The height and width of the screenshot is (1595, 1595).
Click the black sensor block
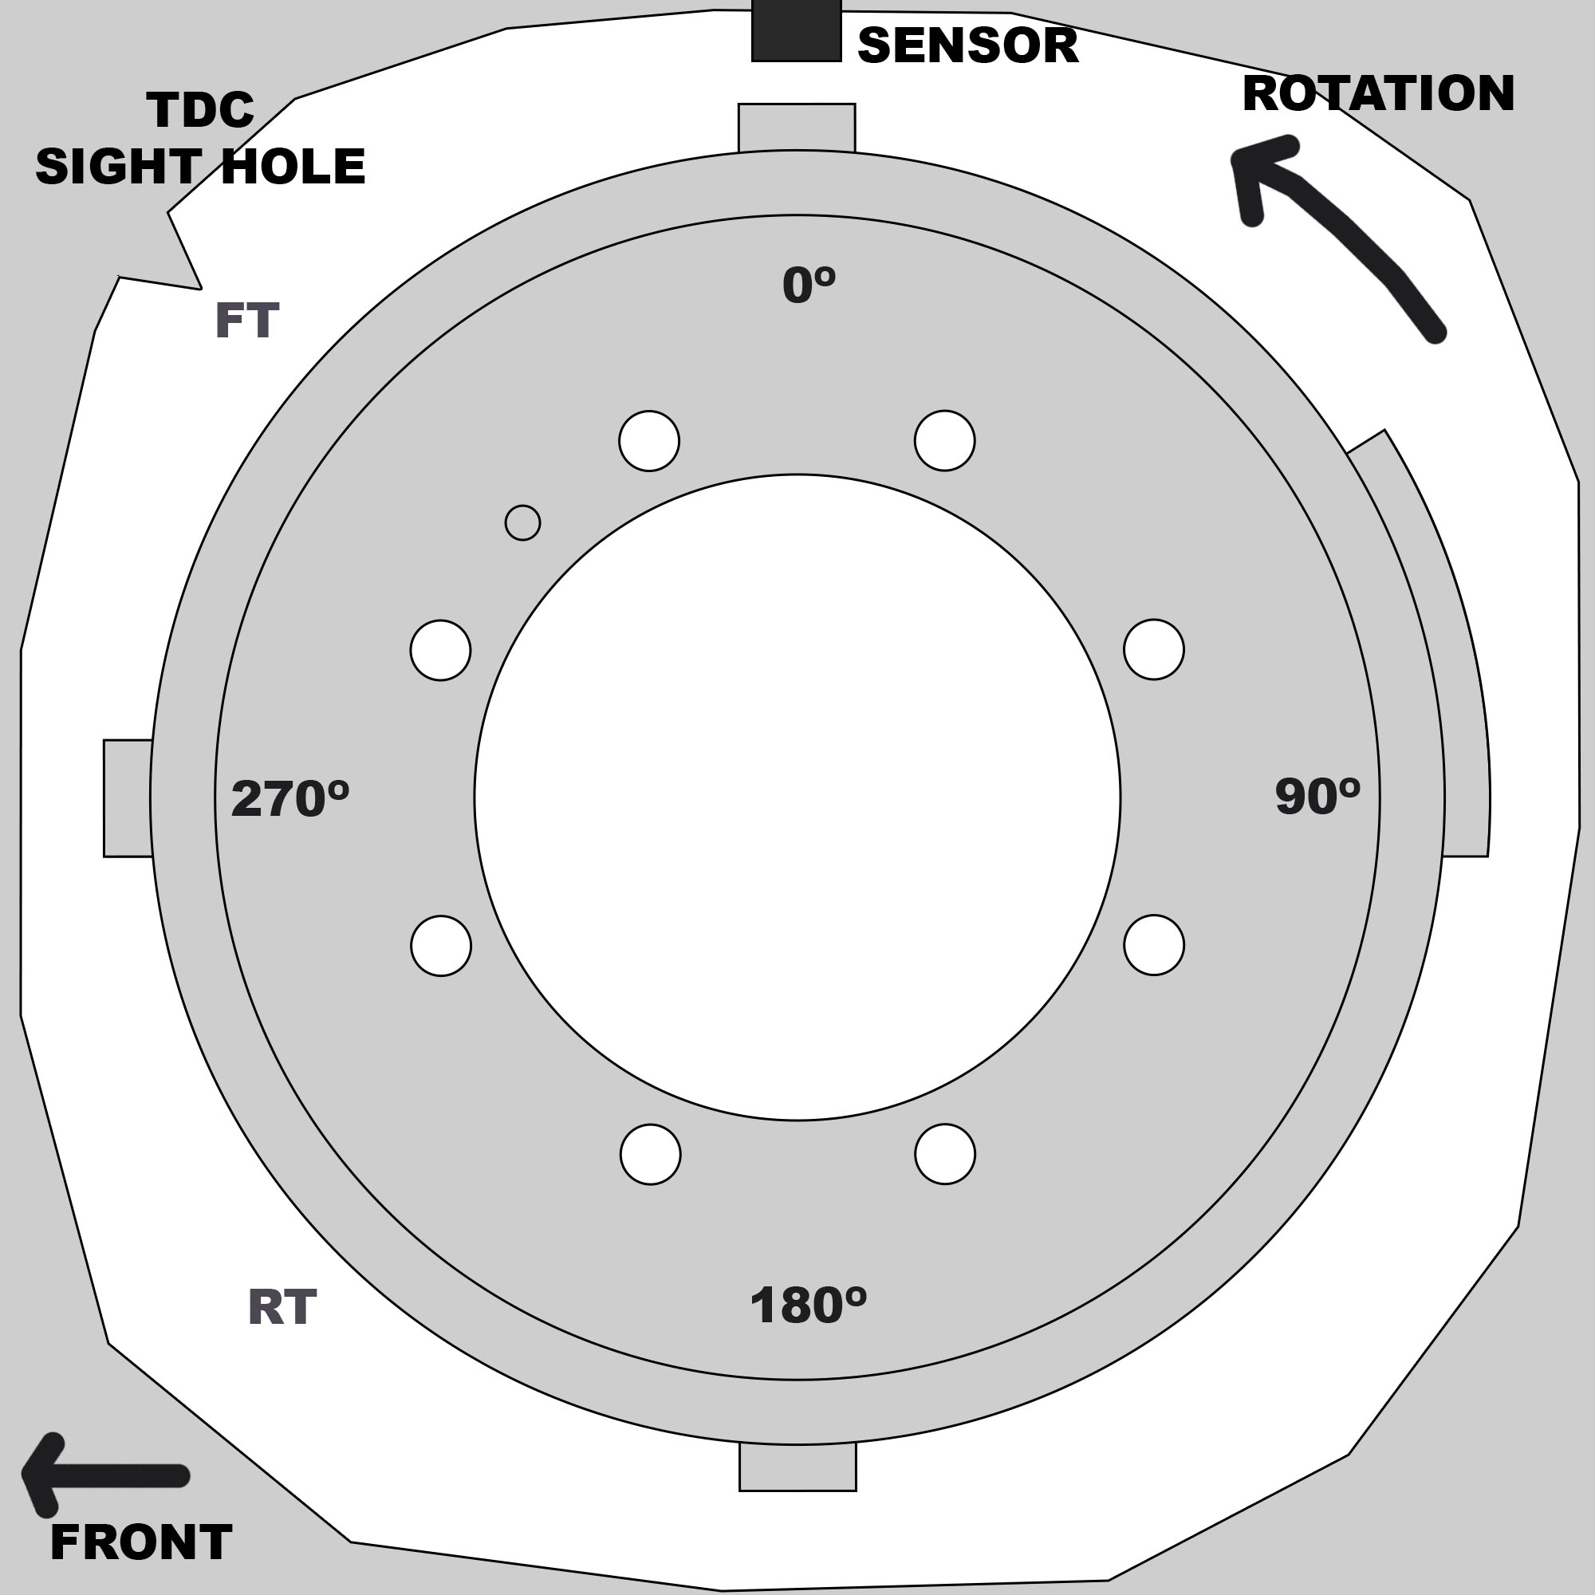(x=796, y=31)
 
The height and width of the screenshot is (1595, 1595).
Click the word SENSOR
(x=967, y=45)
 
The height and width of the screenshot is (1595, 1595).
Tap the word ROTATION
(x=1377, y=93)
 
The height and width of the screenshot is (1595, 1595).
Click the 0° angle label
(x=808, y=285)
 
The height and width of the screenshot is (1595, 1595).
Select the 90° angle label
(x=1317, y=797)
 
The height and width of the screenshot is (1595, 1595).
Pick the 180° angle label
(x=807, y=1306)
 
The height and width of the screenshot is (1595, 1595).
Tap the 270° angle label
(x=289, y=798)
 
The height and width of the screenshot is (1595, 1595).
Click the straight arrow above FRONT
(x=103, y=1475)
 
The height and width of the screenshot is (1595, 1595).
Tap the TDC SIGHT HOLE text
(x=200, y=138)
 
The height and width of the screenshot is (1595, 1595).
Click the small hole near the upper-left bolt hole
(x=522, y=522)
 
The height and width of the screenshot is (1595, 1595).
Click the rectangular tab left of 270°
(x=128, y=797)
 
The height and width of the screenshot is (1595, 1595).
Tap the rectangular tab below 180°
(x=797, y=1467)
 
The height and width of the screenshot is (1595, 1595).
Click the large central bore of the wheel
(x=797, y=797)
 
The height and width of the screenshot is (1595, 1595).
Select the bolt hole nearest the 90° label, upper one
(x=1153, y=650)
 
